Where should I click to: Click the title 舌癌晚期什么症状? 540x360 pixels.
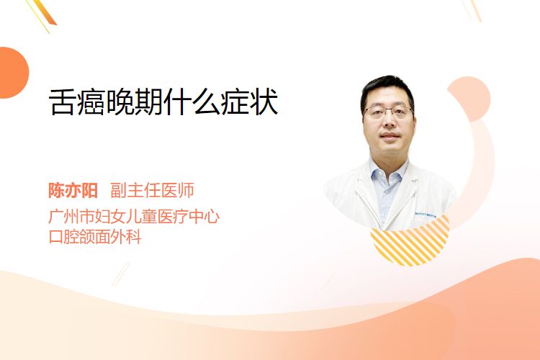tap(163, 102)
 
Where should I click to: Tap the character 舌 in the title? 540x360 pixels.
tap(62, 102)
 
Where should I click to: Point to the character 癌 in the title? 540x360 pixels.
tap(91, 102)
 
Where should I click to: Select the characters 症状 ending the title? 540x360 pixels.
tap(249, 102)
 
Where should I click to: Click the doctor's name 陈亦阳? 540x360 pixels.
tap(73, 190)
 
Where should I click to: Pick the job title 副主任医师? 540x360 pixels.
tap(152, 190)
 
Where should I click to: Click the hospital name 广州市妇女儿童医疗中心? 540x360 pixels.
tap(134, 216)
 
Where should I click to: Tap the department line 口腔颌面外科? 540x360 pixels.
tap(95, 237)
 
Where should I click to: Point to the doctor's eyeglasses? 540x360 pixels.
tap(389, 112)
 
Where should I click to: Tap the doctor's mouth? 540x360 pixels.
tap(390, 135)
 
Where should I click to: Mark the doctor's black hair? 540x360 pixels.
tap(387, 88)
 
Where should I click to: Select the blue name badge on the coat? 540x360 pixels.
tap(426, 215)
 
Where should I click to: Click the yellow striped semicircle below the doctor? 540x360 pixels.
tap(410, 243)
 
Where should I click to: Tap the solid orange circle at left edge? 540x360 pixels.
tap(13, 73)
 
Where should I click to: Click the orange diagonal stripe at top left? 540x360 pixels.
tap(47, 12)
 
